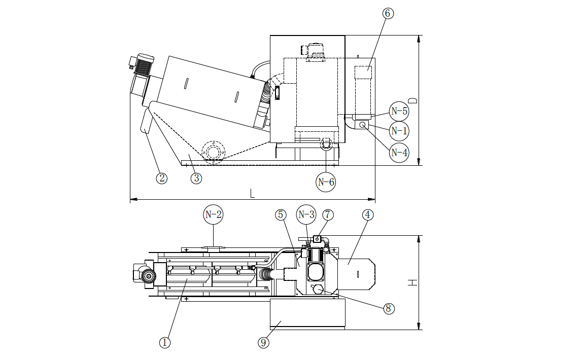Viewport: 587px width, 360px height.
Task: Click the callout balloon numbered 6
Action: tap(387, 13)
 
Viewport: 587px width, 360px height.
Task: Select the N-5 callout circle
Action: tap(399, 111)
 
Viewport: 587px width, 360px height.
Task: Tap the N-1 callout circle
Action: tap(399, 131)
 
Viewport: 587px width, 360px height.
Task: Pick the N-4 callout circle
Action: tap(399, 152)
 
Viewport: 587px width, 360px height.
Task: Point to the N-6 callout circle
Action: tap(326, 182)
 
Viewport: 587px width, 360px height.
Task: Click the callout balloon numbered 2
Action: tap(161, 178)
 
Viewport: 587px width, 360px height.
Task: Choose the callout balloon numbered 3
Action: tap(196, 178)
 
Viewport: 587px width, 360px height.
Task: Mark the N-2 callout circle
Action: tap(213, 214)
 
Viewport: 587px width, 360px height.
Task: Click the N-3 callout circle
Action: tap(306, 214)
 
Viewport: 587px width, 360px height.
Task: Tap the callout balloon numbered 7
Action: tap(328, 214)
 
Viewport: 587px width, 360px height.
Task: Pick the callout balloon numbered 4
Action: tap(368, 214)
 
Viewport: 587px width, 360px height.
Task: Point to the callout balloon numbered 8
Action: tap(389, 308)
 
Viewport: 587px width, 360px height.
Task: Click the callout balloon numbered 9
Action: tap(263, 343)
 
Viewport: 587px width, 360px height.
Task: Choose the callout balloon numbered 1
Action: tap(164, 343)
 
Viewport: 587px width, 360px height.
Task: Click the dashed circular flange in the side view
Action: tap(213, 151)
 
